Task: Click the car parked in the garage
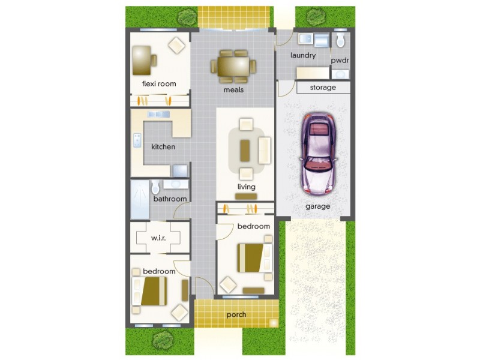tap(318, 154)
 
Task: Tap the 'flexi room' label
tap(159, 83)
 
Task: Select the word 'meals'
tap(233, 89)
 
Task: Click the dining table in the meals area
tap(233, 67)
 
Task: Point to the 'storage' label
tap(323, 88)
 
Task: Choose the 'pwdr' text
tap(340, 61)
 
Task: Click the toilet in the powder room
tap(340, 40)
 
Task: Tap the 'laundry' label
tap(303, 55)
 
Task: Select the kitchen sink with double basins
tap(158, 114)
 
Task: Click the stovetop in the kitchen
tap(137, 140)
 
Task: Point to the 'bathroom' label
tap(170, 199)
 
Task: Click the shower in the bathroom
tap(140, 200)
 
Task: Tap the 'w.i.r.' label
tap(158, 238)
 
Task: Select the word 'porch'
tap(236, 314)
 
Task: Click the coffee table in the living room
tap(244, 151)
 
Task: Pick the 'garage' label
tap(318, 206)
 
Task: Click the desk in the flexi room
tap(142, 61)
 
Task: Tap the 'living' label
tap(247, 187)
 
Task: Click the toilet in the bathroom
tap(155, 187)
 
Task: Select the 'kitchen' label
tap(163, 146)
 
